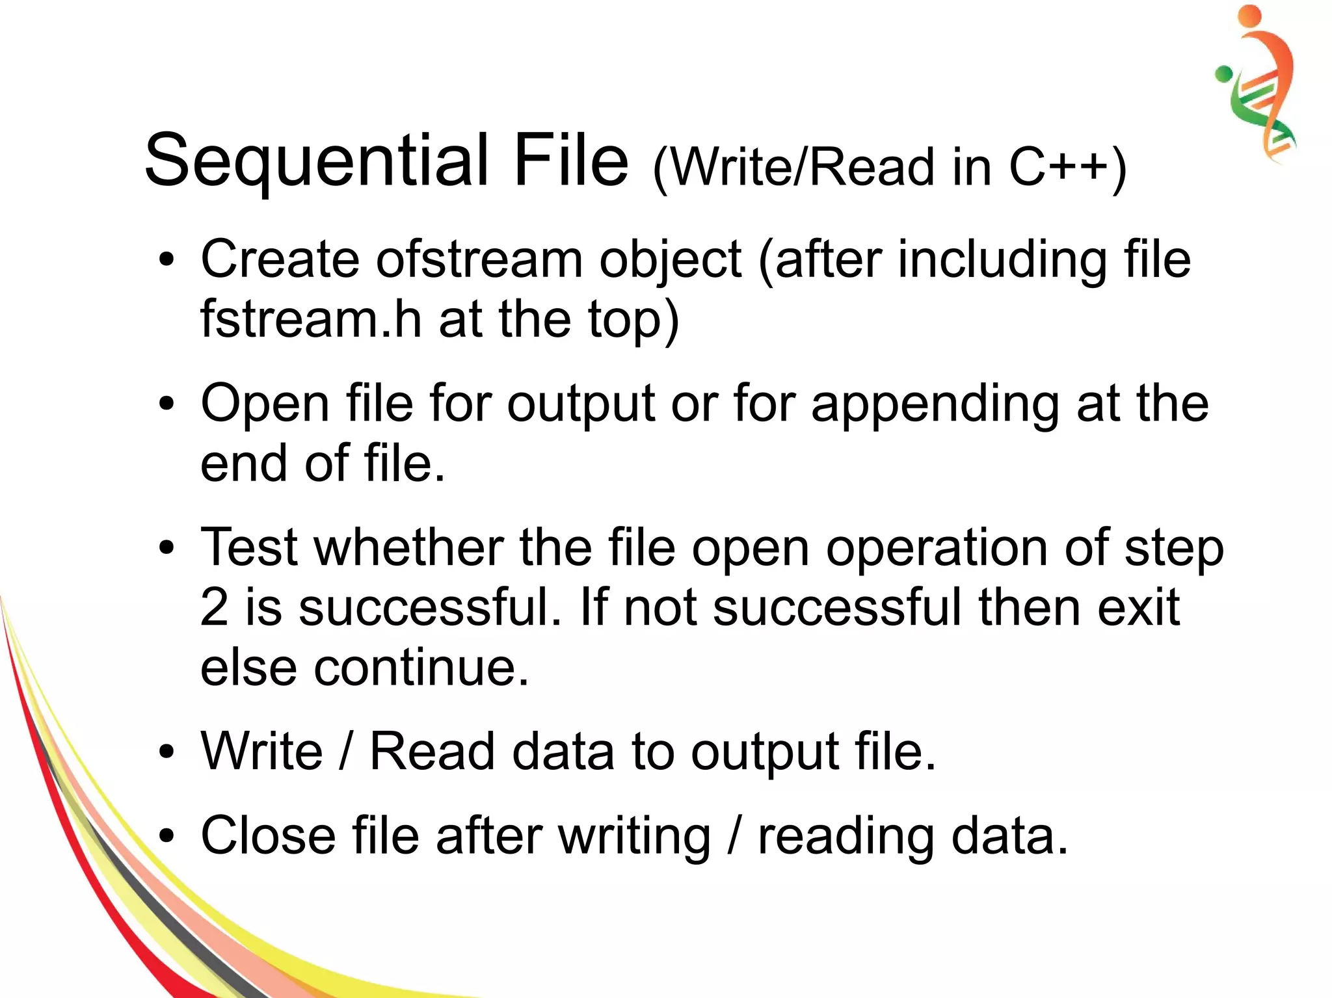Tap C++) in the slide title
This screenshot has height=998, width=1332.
tap(1067, 167)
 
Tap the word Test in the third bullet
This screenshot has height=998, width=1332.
tap(250, 547)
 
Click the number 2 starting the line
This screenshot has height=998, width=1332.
tap(214, 607)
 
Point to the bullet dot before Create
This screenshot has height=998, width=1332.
tap(167, 260)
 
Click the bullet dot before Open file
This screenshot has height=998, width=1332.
tap(167, 404)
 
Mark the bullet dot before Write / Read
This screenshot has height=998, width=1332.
tap(167, 752)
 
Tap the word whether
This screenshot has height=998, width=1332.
tap(410, 547)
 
